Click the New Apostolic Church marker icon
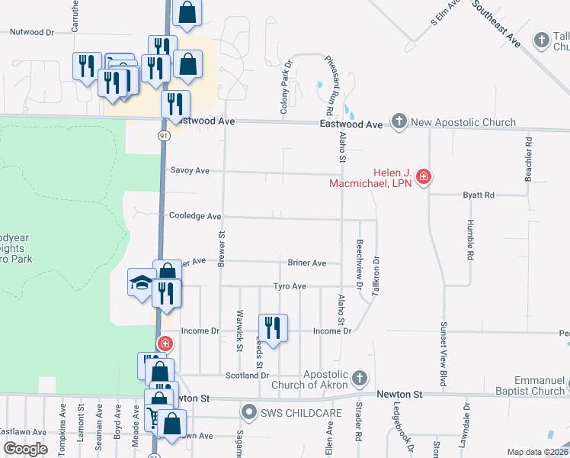399,121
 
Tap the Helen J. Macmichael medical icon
424,178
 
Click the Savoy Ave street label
191,171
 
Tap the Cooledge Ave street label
195,216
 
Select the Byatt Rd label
479,195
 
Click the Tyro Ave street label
290,286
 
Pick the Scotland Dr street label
248,376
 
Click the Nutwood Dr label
32,33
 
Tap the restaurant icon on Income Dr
272,327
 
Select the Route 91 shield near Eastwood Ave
164,135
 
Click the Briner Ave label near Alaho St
307,263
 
